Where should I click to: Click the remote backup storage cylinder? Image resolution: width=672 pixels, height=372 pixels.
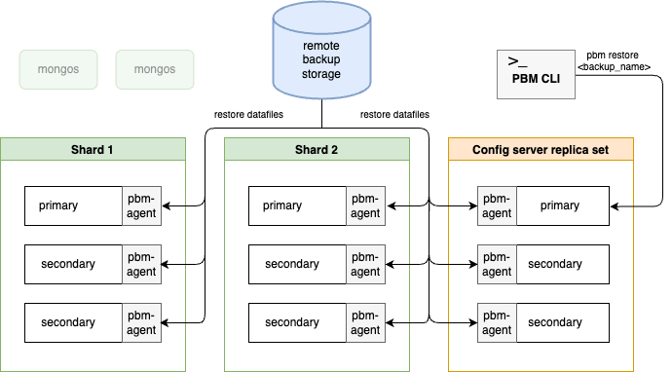[321, 50]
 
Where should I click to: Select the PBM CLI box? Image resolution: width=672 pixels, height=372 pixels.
[536, 75]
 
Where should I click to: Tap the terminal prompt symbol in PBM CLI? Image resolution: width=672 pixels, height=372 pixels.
[517, 61]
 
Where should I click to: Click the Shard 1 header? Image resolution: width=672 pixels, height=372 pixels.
[93, 150]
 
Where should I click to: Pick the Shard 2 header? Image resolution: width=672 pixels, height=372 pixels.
[317, 150]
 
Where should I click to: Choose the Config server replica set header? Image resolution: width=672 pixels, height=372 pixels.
[541, 150]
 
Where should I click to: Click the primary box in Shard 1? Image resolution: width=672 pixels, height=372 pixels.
[73, 205]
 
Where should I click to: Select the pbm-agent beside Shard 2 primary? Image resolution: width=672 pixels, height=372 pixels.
[365, 205]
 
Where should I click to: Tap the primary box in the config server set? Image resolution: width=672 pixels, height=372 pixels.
[563, 205]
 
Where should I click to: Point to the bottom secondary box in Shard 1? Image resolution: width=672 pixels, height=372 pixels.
[73, 322]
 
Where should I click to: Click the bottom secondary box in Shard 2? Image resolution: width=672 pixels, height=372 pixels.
[297, 322]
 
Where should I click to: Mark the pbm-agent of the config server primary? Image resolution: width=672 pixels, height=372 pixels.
[497, 205]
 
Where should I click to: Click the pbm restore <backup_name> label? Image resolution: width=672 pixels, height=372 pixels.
[614, 60]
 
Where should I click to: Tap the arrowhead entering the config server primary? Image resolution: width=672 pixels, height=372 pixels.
[614, 206]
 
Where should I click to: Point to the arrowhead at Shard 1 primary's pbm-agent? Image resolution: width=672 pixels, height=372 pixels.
[166, 206]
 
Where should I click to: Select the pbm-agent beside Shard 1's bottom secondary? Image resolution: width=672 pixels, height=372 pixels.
[141, 322]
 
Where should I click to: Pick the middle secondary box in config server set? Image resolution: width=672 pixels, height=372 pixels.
[563, 265]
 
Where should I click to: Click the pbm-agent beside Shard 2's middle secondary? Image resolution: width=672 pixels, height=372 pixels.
[365, 265]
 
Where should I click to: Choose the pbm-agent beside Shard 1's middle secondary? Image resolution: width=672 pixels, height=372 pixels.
[141, 265]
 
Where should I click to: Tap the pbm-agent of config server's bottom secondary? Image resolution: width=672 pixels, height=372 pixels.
[497, 322]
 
